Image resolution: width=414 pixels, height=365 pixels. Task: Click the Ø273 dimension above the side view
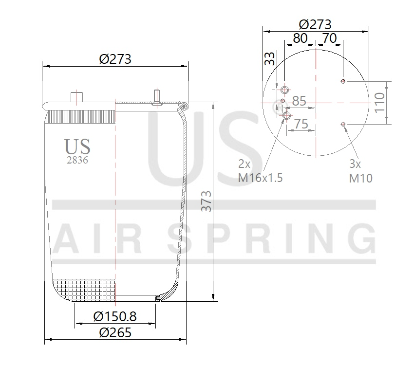(x=115, y=59)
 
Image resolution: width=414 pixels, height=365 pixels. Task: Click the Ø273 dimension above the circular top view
(x=315, y=24)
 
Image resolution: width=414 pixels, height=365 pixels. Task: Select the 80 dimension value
(x=301, y=38)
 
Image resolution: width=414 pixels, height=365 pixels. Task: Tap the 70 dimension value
(x=330, y=38)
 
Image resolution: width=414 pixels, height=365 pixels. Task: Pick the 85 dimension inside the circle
(x=299, y=101)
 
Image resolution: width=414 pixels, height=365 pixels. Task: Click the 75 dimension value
(x=301, y=124)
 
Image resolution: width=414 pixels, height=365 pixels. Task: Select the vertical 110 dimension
(x=380, y=103)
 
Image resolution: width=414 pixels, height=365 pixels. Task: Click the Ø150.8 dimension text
(x=115, y=317)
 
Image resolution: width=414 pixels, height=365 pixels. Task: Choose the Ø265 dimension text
(x=115, y=333)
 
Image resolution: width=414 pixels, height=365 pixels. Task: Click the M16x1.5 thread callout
(x=260, y=178)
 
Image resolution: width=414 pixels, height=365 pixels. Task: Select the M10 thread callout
(x=360, y=178)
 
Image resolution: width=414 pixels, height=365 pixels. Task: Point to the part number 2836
(x=77, y=160)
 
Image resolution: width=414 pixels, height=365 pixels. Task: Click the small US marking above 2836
(x=77, y=146)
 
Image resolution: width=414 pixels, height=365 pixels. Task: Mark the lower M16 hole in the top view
(x=286, y=116)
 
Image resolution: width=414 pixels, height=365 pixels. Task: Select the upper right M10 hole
(x=343, y=81)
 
